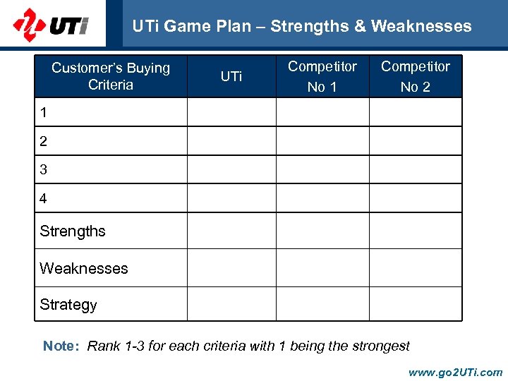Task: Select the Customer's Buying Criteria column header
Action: [111, 76]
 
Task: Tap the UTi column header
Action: [231, 76]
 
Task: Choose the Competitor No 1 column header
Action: [322, 76]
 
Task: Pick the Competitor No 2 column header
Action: [416, 76]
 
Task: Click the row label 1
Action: [44, 112]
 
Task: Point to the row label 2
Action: [44, 141]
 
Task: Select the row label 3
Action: [44, 170]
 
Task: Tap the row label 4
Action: [44, 199]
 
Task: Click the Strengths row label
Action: [73, 231]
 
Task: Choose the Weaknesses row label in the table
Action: [84, 268]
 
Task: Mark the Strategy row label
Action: [68, 305]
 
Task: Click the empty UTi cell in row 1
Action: [231, 112]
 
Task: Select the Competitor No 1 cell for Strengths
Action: [322, 231]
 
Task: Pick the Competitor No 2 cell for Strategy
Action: [416, 305]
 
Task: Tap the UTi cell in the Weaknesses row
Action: [231, 268]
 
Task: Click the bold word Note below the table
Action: [60, 346]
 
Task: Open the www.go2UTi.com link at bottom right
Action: [455, 372]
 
